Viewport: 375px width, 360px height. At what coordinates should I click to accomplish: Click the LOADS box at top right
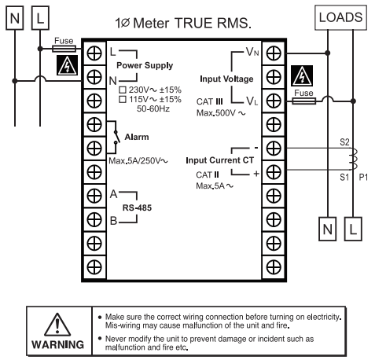(x=340, y=17)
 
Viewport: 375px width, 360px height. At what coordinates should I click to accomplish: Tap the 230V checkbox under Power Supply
(x=123, y=90)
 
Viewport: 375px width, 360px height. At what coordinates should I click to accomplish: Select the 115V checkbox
(x=123, y=99)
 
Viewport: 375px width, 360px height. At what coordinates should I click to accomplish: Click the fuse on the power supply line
(x=64, y=49)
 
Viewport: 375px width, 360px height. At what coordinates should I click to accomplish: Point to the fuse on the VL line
(x=304, y=101)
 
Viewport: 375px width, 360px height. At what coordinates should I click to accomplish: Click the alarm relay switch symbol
(x=116, y=137)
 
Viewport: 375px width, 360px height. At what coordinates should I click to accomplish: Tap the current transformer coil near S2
(x=353, y=159)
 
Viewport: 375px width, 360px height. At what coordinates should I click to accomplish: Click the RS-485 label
(x=137, y=208)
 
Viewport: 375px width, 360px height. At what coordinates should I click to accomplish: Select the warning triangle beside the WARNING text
(x=57, y=325)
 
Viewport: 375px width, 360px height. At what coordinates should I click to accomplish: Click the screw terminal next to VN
(x=274, y=53)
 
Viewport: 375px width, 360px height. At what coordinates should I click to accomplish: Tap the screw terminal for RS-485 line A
(x=94, y=196)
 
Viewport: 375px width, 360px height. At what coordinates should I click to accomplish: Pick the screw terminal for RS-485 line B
(x=94, y=219)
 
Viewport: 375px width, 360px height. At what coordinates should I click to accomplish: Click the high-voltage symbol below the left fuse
(x=68, y=65)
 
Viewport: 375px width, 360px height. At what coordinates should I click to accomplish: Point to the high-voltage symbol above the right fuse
(x=302, y=75)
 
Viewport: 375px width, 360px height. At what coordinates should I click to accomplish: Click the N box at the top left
(x=15, y=18)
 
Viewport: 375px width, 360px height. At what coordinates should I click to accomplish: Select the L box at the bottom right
(x=353, y=229)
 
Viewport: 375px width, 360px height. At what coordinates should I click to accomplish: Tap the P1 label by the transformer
(x=363, y=178)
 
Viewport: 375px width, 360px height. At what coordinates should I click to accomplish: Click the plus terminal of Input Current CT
(x=274, y=172)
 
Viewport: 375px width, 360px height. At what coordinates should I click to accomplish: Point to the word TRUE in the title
(x=193, y=23)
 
